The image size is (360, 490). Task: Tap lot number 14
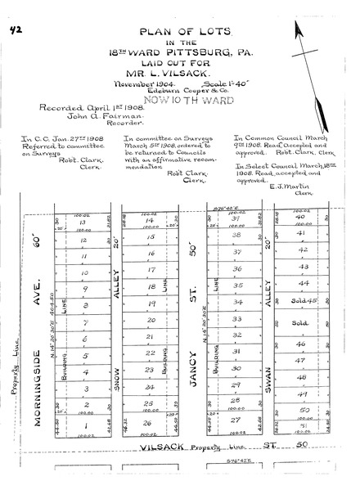coord(150,221)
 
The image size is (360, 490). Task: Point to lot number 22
coord(151,353)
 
